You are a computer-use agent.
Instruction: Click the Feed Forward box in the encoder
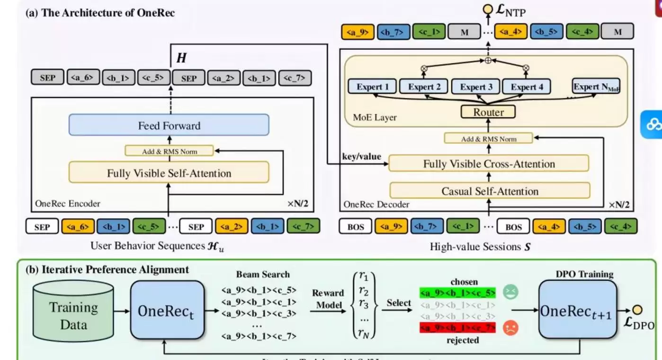pyautogui.click(x=169, y=126)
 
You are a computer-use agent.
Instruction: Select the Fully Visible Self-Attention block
pyautogui.click(x=169, y=173)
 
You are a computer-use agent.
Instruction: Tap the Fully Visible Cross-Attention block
pyautogui.click(x=489, y=164)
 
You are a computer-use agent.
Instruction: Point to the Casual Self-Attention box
pyautogui.click(x=490, y=191)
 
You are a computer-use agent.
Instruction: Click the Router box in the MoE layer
pyautogui.click(x=489, y=112)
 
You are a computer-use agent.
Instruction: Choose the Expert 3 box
pyautogui.click(x=476, y=87)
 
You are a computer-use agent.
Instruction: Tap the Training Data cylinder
pyautogui.click(x=73, y=310)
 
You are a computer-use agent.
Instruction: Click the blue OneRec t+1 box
pyautogui.click(x=577, y=310)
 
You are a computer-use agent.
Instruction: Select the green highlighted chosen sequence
pyautogui.click(x=457, y=292)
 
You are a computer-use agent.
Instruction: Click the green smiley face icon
pyautogui.click(x=510, y=292)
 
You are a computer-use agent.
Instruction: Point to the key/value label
pyautogui.click(x=362, y=156)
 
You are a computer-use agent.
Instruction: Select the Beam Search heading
pyautogui.click(x=263, y=274)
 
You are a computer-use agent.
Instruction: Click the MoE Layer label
pyautogui.click(x=375, y=117)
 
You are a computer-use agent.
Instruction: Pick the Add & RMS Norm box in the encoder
pyautogui.click(x=169, y=151)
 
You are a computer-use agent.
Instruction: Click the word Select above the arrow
pyautogui.click(x=399, y=303)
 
